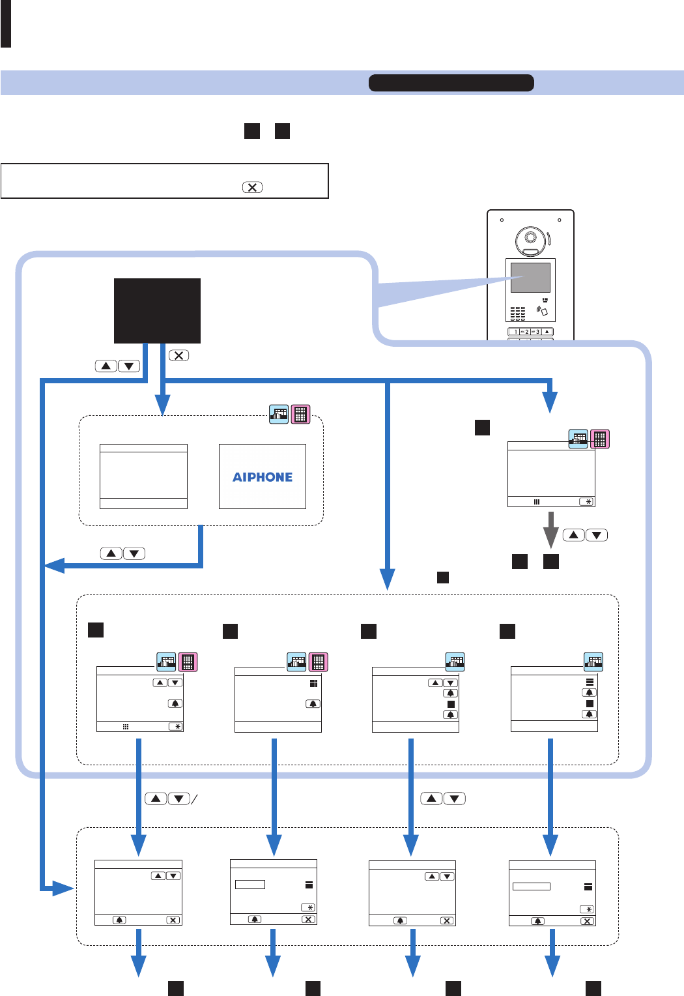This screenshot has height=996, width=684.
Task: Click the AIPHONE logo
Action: coord(263,477)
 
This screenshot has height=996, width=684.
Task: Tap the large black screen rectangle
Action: coord(157,311)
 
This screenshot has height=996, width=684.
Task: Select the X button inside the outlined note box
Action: coord(252,187)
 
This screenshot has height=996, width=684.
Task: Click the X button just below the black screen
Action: coord(178,355)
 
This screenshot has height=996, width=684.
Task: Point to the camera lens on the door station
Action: coord(530,237)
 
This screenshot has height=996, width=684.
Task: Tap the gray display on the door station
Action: coord(530,277)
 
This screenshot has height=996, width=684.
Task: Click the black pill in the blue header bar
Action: coord(451,83)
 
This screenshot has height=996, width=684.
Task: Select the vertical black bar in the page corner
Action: coord(6,23)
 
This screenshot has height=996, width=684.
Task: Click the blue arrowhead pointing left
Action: coord(53,565)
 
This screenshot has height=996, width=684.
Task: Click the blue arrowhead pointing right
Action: coord(63,888)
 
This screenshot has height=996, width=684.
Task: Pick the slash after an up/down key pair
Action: coord(194,799)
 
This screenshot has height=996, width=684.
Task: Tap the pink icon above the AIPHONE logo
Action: coord(300,415)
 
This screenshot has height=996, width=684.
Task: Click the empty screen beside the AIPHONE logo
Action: coord(143,476)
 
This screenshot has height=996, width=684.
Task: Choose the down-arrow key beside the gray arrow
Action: coord(597,535)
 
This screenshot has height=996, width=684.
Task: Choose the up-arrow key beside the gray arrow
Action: coord(573,535)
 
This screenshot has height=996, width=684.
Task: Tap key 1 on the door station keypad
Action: coord(515,332)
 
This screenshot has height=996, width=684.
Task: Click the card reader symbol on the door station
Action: coord(542,311)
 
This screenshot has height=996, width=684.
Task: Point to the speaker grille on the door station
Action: coord(517,314)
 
